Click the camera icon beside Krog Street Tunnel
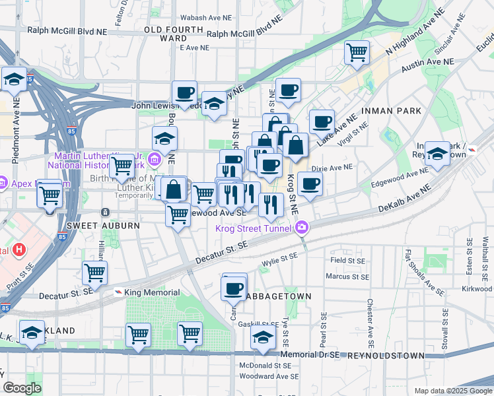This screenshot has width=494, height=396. pos(302,228)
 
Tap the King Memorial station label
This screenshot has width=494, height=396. pos(151,292)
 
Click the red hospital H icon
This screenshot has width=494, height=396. pos(19,249)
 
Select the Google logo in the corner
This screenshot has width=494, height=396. pos(22,388)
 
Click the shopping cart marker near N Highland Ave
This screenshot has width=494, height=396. pos(357,51)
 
